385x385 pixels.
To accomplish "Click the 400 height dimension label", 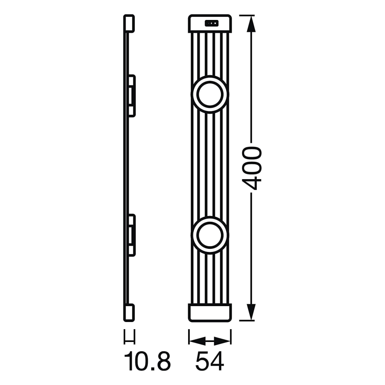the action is [x=253, y=168].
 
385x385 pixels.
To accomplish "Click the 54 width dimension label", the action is [x=210, y=362].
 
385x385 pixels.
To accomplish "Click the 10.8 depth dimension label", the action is [x=147, y=362].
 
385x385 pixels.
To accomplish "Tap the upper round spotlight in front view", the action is [x=210, y=94].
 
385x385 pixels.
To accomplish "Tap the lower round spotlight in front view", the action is [x=210, y=235].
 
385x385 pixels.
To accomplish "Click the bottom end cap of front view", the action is [x=210, y=312].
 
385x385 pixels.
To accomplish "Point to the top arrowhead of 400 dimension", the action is [x=251, y=22].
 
